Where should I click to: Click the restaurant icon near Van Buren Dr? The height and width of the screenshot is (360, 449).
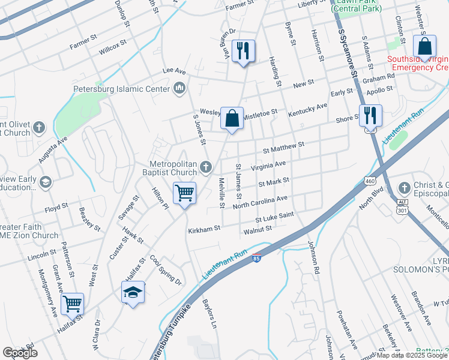click(x=243, y=50)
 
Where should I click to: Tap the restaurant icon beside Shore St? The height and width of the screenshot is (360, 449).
click(x=370, y=115)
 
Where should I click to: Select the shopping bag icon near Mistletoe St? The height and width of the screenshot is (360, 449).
click(x=232, y=118)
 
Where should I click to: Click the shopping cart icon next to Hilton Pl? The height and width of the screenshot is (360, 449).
click(x=185, y=193)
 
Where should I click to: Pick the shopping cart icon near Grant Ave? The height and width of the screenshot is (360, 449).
click(x=72, y=304)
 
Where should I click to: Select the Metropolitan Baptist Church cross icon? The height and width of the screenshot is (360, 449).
click(x=206, y=167)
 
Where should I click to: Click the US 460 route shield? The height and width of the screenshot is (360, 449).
click(x=370, y=180)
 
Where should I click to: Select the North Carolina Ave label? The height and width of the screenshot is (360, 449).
click(x=261, y=202)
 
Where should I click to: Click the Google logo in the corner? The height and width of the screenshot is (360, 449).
click(x=20, y=353)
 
